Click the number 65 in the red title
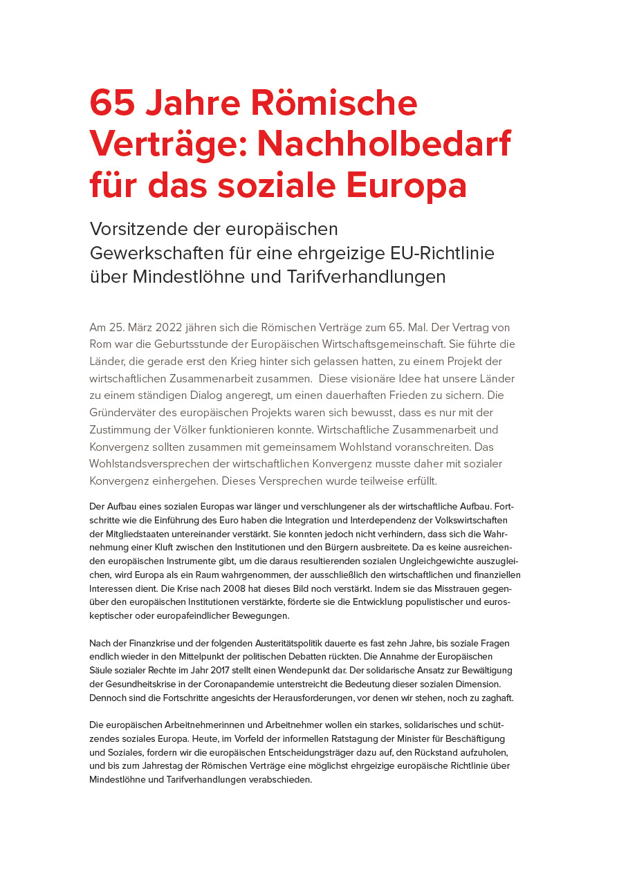(x=112, y=103)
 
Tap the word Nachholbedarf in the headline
(x=384, y=145)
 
